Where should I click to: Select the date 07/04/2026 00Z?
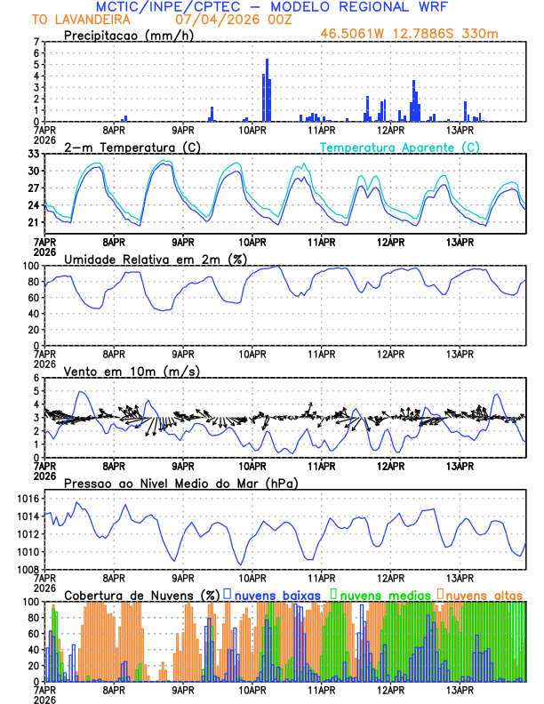(x=228, y=19)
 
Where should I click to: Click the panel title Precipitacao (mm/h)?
(x=125, y=36)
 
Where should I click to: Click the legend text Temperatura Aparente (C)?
(x=400, y=147)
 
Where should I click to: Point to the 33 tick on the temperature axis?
(x=34, y=154)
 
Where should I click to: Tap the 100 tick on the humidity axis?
(x=31, y=266)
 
